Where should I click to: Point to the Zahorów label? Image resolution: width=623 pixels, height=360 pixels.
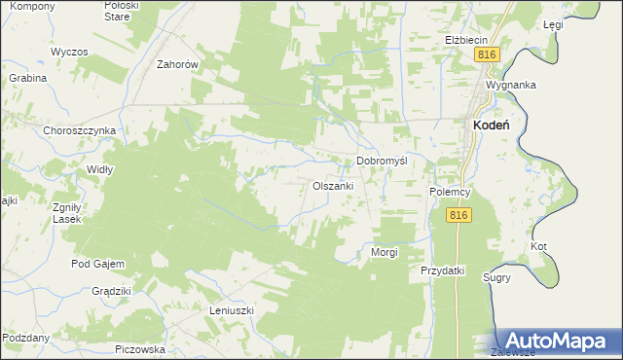(x=178, y=64)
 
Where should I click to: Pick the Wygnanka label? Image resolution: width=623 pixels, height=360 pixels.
(x=511, y=85)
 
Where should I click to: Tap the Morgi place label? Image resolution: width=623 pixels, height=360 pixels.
(x=385, y=252)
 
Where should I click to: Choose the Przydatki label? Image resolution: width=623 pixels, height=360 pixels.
(x=443, y=270)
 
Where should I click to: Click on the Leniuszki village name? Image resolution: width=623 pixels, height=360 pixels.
(x=232, y=310)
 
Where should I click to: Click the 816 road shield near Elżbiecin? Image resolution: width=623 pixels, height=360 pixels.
(x=489, y=55)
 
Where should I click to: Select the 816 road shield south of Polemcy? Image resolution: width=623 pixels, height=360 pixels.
(x=460, y=215)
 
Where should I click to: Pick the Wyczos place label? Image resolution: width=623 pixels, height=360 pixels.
(x=69, y=51)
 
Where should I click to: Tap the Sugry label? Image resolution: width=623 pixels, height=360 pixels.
(x=497, y=277)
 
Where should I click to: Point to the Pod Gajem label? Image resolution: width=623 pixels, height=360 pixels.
(x=94, y=264)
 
